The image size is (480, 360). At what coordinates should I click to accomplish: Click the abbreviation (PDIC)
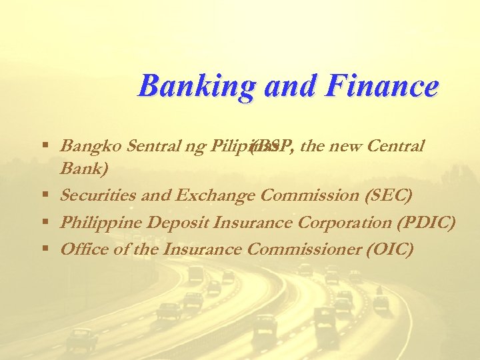[428, 222]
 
